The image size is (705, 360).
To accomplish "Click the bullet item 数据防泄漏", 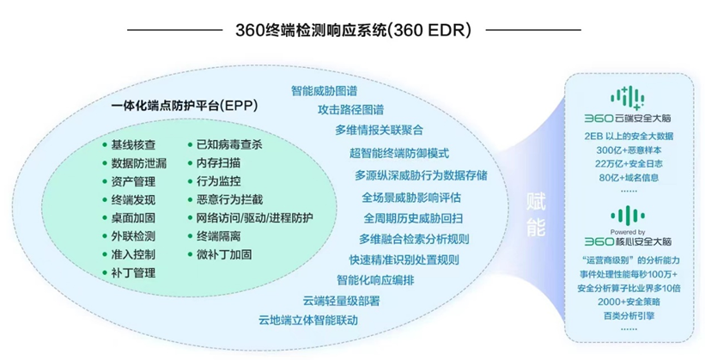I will point(139,162).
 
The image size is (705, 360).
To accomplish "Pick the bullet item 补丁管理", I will point(133,273).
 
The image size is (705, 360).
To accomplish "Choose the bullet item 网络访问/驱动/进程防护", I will point(255,217).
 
